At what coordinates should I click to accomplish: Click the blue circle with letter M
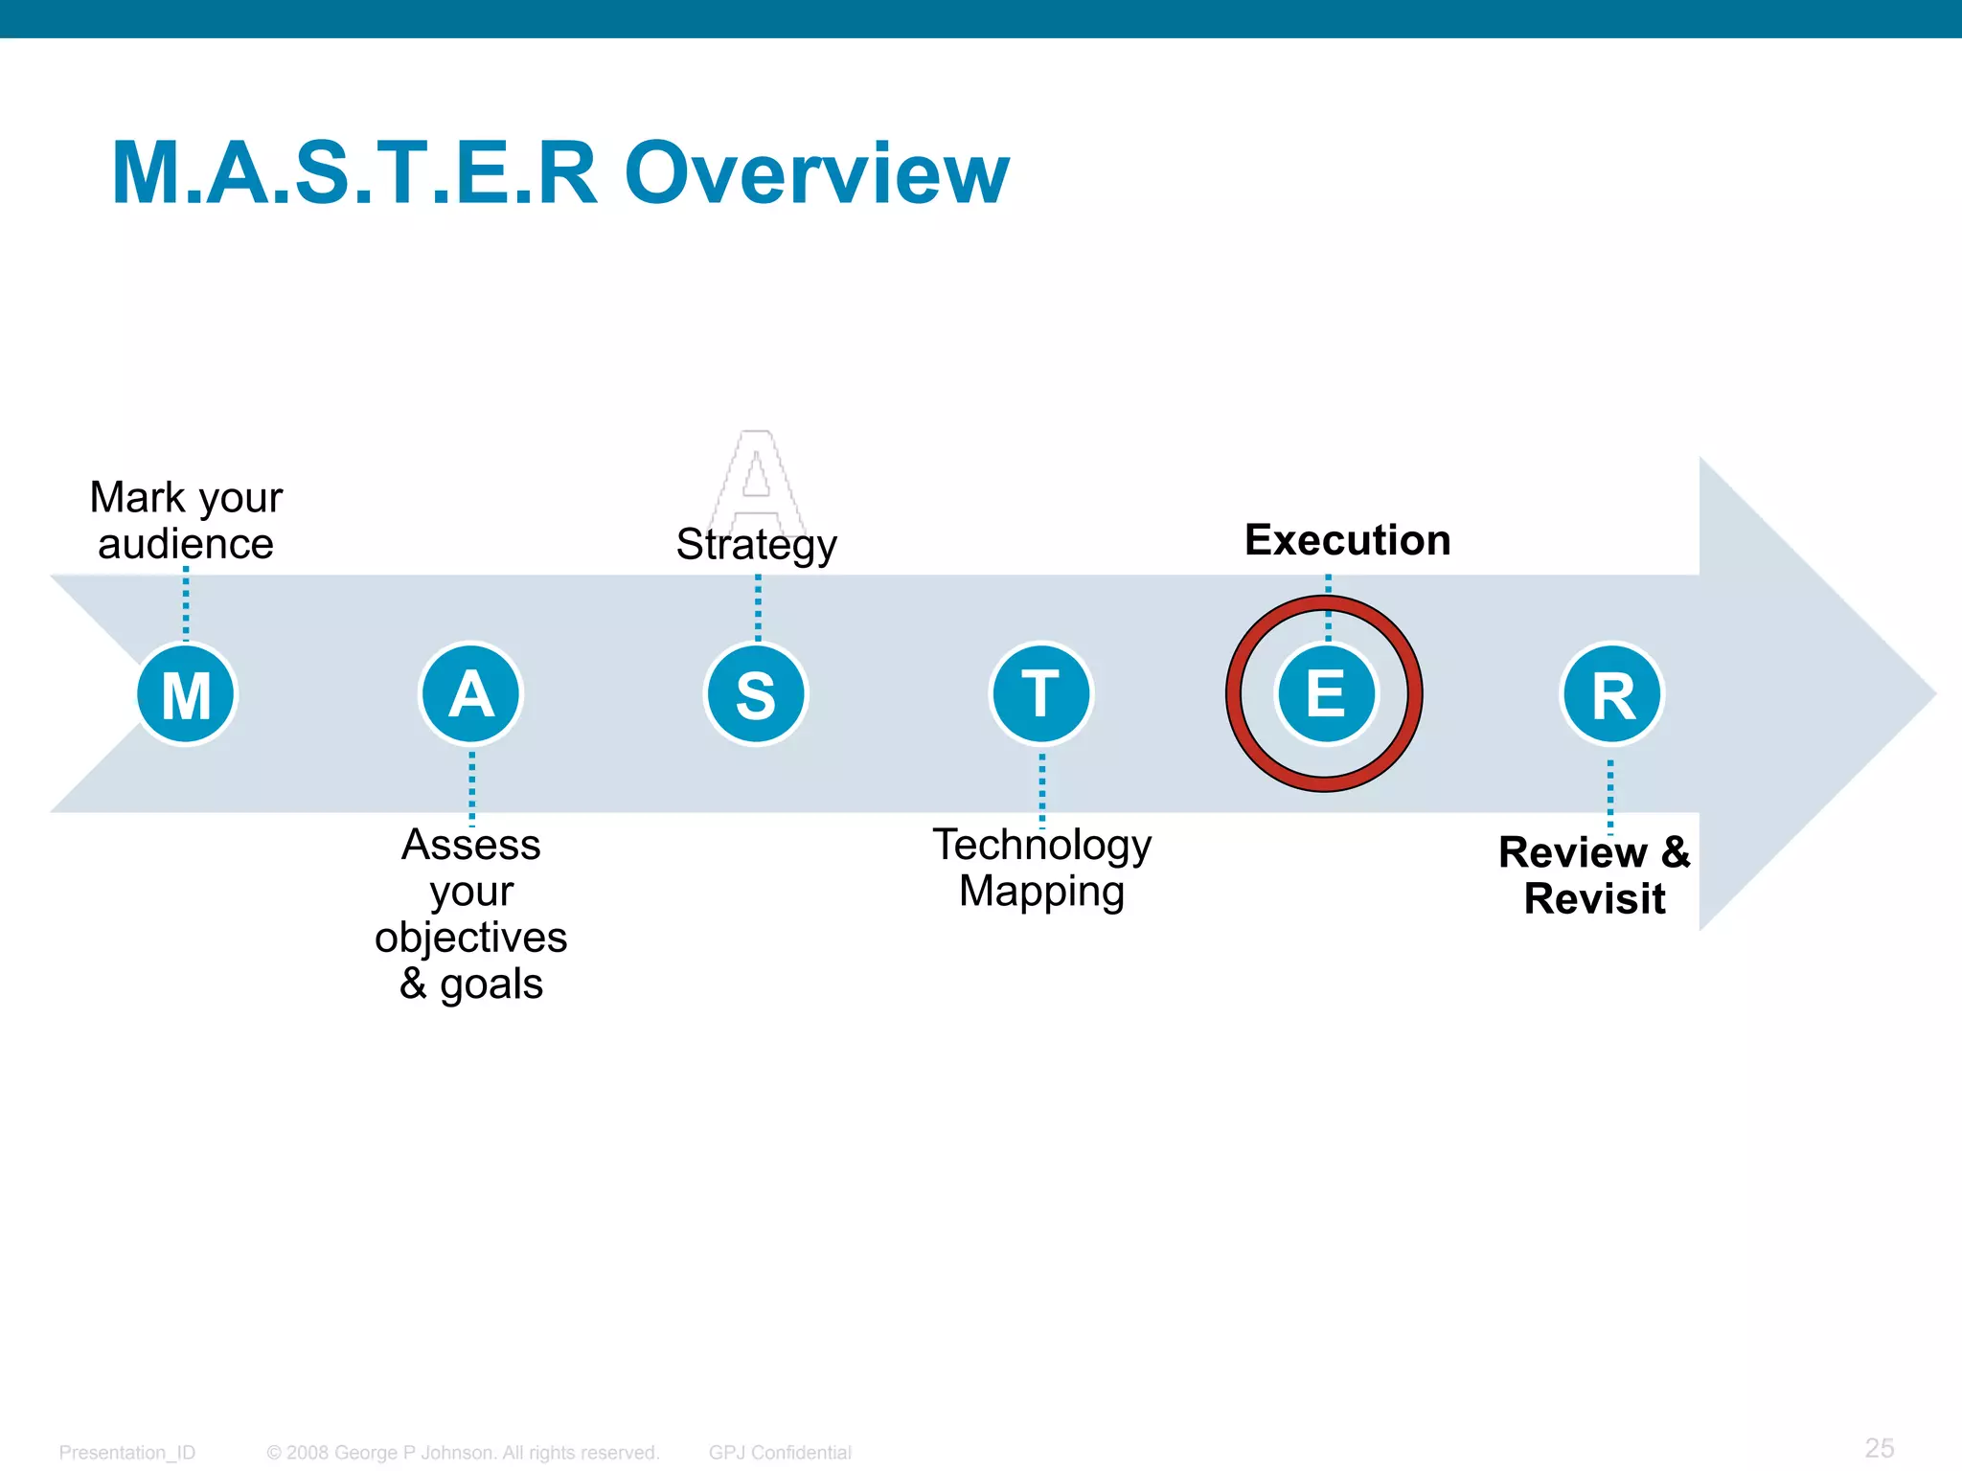click(x=186, y=693)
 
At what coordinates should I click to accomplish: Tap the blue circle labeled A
click(x=470, y=693)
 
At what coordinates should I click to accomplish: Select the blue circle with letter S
click(x=756, y=693)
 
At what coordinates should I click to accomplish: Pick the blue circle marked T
click(x=1041, y=693)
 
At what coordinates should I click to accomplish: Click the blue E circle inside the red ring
click(x=1326, y=693)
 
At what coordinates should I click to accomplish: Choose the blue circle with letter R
click(x=1612, y=693)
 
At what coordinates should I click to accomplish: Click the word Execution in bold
click(x=1347, y=540)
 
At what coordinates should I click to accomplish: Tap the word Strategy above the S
click(x=756, y=545)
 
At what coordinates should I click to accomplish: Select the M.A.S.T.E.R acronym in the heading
click(x=354, y=173)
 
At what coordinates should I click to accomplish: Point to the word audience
click(x=186, y=544)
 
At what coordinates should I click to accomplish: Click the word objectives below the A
click(x=470, y=937)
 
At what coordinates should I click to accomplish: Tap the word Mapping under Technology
click(x=1041, y=891)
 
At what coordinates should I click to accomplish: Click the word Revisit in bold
click(x=1594, y=898)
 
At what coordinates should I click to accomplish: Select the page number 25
click(x=1879, y=1447)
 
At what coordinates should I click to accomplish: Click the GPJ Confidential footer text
click(x=780, y=1452)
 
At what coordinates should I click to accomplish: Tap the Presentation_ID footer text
click(x=126, y=1452)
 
